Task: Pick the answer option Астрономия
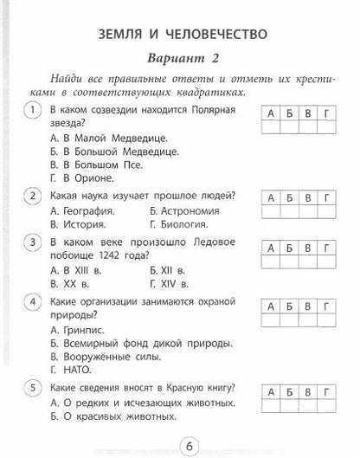point(179,210)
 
